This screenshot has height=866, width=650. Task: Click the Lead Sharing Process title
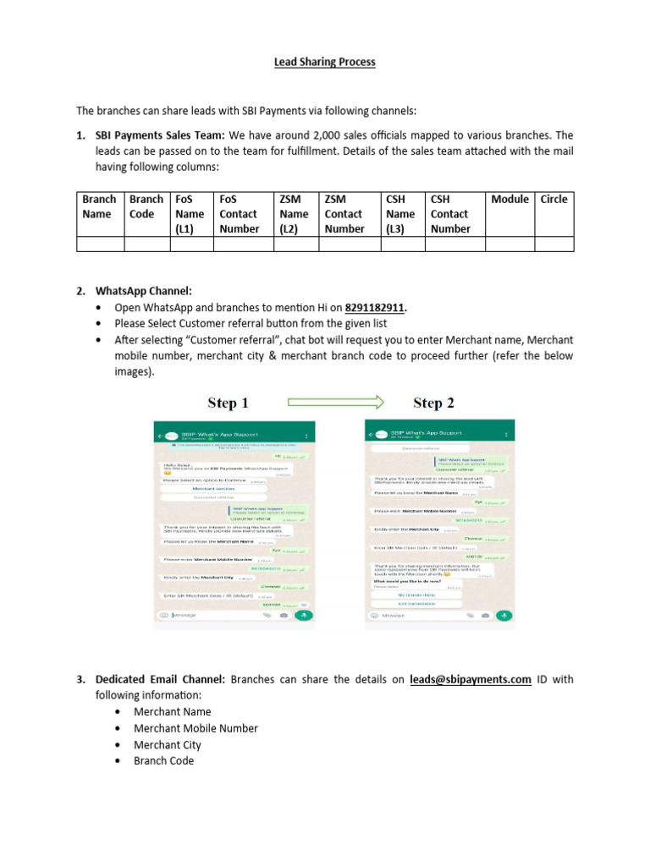click(324, 63)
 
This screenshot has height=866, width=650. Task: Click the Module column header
click(510, 200)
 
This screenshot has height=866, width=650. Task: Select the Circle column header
click(554, 200)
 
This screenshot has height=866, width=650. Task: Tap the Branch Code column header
click(146, 206)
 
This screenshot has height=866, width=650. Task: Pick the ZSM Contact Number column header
click(344, 214)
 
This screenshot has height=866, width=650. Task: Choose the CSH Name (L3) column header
click(400, 214)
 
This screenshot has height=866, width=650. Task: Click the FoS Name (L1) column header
click(190, 214)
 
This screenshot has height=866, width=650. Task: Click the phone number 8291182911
click(375, 307)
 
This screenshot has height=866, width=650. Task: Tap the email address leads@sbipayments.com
click(470, 679)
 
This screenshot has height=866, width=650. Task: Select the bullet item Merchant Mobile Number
click(196, 728)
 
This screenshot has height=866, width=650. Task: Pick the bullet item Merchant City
click(168, 745)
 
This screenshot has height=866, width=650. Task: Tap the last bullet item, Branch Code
click(163, 761)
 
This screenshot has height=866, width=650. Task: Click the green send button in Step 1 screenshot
click(304, 615)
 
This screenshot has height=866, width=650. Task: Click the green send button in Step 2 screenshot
click(505, 616)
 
